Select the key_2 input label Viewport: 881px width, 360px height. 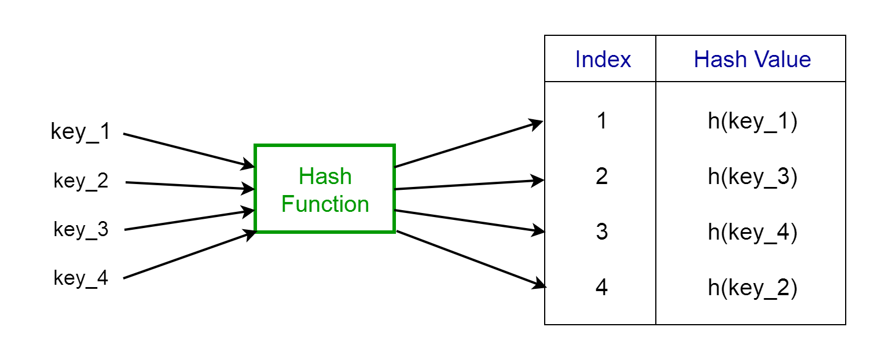[x=81, y=181]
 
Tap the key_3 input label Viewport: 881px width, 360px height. [x=81, y=230]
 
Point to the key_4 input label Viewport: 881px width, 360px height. [x=81, y=278]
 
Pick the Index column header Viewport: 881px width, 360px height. [x=603, y=60]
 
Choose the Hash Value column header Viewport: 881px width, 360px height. [x=752, y=60]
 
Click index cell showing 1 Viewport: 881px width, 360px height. [x=602, y=122]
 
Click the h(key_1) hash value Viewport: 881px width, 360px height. [x=752, y=123]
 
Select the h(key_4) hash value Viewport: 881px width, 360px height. [x=752, y=233]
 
